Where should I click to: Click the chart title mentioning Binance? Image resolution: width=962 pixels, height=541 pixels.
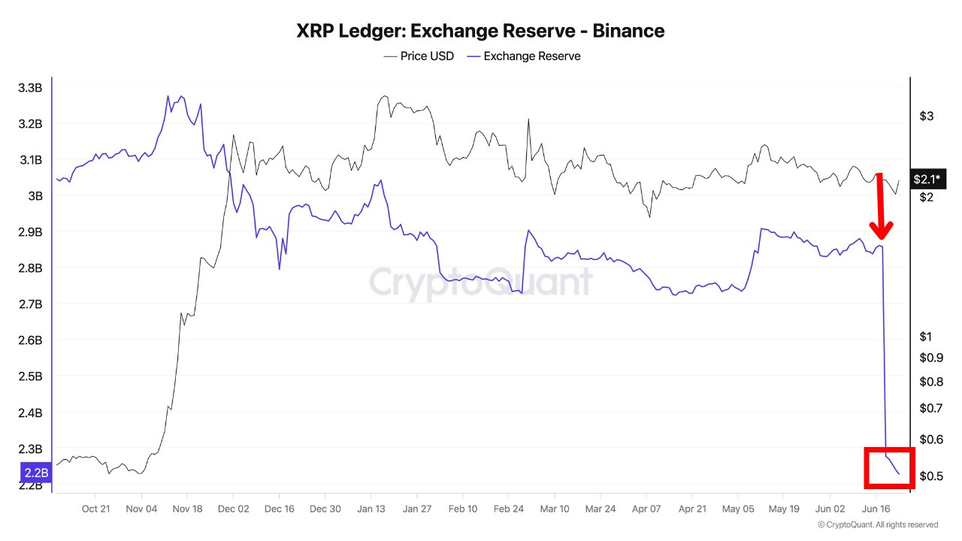(x=480, y=31)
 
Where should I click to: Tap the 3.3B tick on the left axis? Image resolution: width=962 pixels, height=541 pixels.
(x=30, y=88)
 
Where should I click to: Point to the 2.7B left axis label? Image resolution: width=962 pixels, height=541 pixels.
(x=30, y=304)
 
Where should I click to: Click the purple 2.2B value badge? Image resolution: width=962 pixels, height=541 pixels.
(x=35, y=473)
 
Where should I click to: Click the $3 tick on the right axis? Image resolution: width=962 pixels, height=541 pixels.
(x=927, y=116)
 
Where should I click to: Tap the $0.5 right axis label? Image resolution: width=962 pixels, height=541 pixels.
(x=931, y=476)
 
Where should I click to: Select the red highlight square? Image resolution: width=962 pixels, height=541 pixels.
(x=889, y=467)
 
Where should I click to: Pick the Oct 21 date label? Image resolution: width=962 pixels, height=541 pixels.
(x=95, y=509)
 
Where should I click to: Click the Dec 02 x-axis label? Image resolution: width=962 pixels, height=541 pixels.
(x=233, y=509)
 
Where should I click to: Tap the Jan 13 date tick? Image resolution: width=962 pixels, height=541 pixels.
(x=371, y=509)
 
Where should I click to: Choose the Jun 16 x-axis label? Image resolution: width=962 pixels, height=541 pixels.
(x=875, y=509)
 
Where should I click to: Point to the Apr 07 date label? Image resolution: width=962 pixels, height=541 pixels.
(x=646, y=509)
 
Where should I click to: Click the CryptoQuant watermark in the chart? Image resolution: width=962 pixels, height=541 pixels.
(x=480, y=283)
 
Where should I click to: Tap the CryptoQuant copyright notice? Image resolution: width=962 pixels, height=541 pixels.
(x=877, y=525)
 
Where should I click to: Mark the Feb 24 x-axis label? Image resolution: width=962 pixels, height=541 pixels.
(x=508, y=509)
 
